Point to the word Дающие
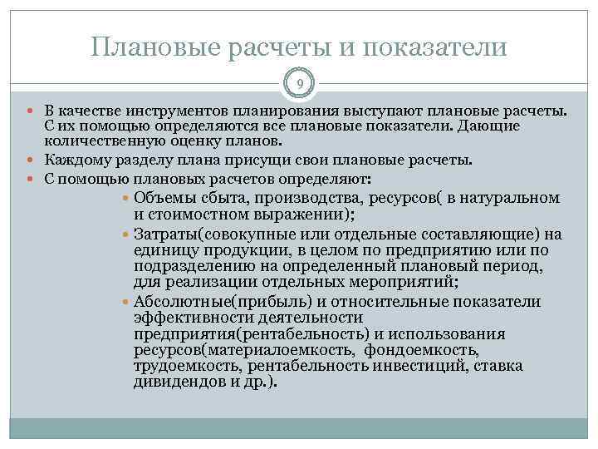[x=491, y=125]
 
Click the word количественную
[x=97, y=139]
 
